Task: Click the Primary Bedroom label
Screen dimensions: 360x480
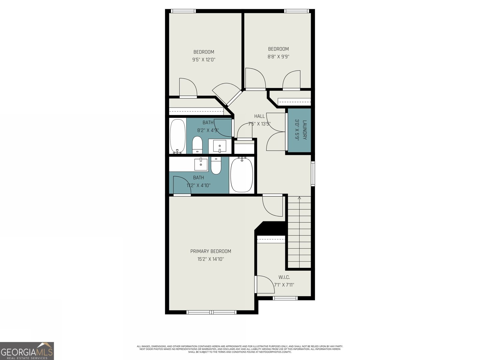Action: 211,251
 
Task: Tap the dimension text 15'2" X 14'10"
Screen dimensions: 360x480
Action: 211,259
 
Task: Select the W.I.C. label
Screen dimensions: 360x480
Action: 284,277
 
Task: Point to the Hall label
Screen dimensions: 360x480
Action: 259,116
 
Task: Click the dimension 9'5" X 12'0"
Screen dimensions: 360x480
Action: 204,60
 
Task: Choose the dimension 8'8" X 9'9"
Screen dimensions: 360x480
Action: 278,56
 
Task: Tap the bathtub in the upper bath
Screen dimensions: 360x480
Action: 178,136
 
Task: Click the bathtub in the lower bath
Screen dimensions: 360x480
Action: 241,175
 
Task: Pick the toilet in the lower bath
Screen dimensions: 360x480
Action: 216,166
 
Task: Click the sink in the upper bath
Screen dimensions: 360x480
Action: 220,146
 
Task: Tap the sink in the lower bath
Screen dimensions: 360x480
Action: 201,164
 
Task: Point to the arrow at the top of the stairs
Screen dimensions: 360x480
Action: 299,198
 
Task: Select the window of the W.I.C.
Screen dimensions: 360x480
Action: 285,298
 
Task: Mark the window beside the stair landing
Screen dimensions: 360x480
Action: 313,173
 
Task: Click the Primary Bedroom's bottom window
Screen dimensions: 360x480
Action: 211,312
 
